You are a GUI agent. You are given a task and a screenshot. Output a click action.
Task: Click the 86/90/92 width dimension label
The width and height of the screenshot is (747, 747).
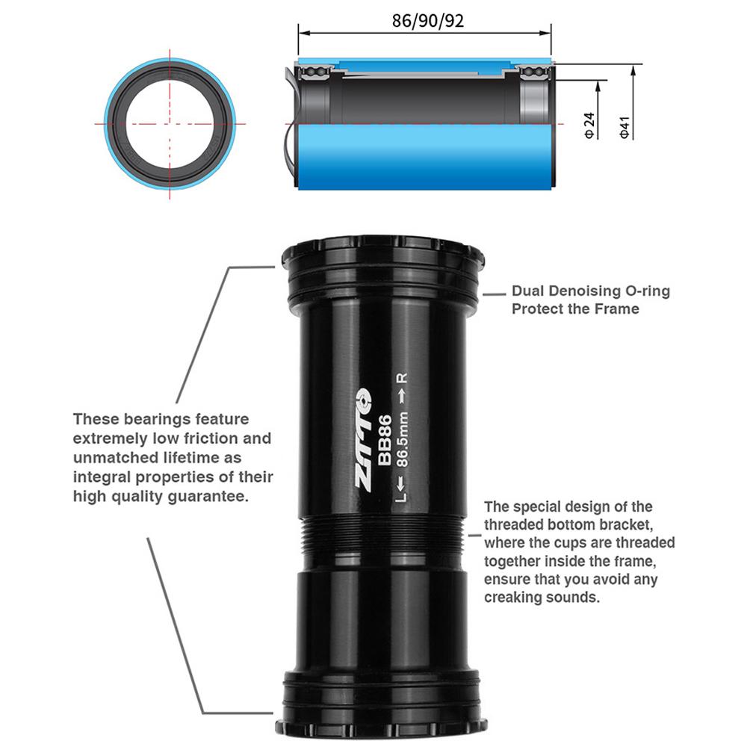coord(428,21)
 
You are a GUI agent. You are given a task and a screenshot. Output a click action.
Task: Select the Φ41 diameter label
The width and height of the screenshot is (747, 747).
coord(624,125)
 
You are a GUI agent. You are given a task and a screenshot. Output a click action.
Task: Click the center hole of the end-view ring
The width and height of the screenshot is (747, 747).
coord(171,123)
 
